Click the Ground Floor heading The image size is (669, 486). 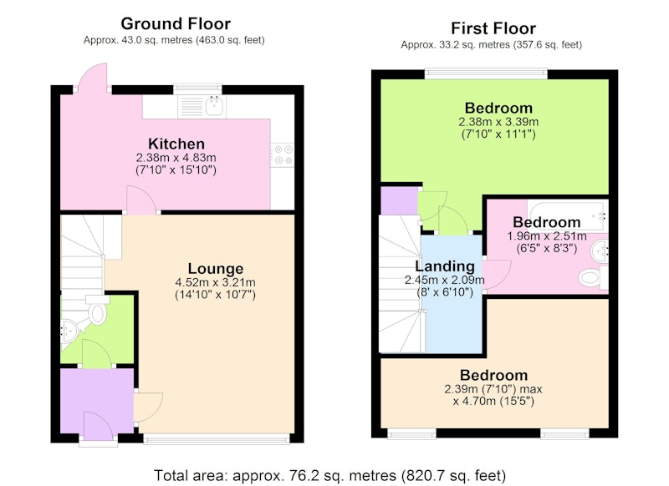176,24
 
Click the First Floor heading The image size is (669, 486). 493,28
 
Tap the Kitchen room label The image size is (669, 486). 176,144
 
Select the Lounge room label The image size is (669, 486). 216,269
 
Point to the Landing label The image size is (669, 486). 445,266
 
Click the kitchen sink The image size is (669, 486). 214,106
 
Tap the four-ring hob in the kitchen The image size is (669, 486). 283,154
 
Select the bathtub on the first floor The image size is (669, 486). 568,215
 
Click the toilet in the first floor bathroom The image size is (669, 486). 593,278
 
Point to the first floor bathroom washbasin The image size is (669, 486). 600,251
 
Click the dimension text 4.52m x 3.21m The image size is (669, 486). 216,282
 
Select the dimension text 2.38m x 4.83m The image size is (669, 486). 176,158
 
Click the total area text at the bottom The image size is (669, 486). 329,475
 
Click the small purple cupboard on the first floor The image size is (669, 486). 399,200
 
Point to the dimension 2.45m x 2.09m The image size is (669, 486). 445,281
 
